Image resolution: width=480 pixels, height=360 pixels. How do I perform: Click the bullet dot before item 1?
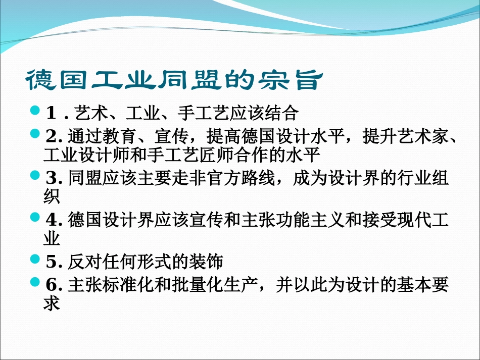[x=35, y=110]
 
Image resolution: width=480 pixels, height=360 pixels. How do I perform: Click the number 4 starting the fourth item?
[x=52, y=219]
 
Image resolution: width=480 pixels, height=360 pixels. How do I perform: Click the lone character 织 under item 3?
[x=52, y=195]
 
